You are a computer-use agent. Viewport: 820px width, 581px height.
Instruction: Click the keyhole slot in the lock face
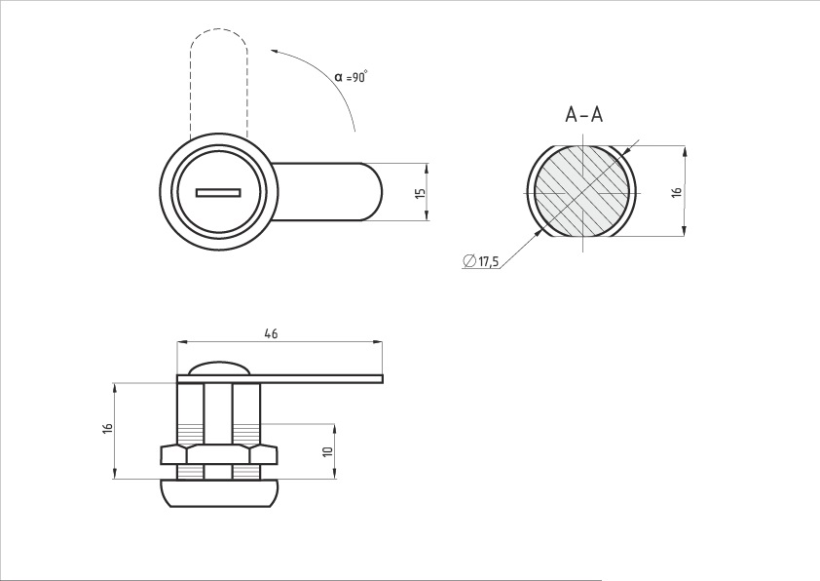[218, 193]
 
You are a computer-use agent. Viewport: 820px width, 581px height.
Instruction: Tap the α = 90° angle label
[351, 76]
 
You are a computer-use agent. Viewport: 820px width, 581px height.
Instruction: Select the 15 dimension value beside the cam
[420, 192]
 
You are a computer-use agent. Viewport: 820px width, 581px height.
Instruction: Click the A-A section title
[583, 114]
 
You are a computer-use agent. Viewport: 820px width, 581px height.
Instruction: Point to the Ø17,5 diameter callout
[481, 260]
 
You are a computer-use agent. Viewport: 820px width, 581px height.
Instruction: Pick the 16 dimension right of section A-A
[677, 192]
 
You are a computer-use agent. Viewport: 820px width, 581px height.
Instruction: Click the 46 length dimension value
[271, 333]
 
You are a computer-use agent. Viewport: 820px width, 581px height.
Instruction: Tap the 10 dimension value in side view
[328, 451]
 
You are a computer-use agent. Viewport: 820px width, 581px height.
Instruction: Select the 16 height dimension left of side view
[108, 428]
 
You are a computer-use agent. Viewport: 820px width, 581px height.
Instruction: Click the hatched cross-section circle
[582, 190]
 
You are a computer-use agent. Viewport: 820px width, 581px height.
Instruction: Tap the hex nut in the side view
[218, 455]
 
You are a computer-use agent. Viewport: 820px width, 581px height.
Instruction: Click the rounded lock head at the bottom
[218, 493]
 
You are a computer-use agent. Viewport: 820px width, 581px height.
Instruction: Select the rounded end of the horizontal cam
[372, 192]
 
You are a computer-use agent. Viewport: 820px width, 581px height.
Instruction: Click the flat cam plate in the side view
[280, 379]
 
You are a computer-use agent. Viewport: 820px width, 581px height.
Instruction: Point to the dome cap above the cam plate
[219, 368]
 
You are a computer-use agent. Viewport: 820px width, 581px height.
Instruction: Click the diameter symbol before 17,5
[469, 260]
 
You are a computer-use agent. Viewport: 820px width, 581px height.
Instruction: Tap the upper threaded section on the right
[245, 433]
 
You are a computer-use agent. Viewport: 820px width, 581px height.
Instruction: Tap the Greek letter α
[339, 77]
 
